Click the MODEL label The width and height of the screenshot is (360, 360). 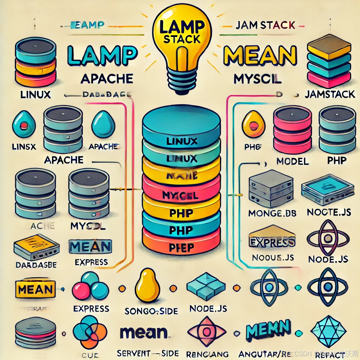[292, 161]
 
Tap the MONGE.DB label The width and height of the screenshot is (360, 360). [272, 213]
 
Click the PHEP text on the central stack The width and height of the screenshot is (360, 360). [181, 247]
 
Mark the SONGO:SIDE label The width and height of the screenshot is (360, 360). [151, 311]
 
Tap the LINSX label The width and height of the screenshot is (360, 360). [24, 147]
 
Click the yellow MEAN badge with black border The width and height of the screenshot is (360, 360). [35, 289]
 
